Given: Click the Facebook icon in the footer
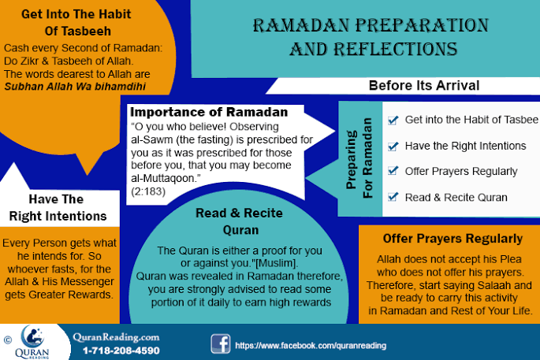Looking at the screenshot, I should (x=220, y=343).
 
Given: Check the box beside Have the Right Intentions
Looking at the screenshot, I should (x=393, y=146).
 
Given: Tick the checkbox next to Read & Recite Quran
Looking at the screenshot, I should (x=393, y=197).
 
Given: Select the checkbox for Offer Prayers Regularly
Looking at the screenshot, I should (x=393, y=171).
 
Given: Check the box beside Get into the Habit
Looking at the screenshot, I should (x=393, y=120).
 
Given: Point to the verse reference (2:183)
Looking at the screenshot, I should (x=145, y=191).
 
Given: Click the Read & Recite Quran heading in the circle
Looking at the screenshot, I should (x=239, y=221).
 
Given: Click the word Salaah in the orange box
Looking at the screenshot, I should (x=502, y=284).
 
